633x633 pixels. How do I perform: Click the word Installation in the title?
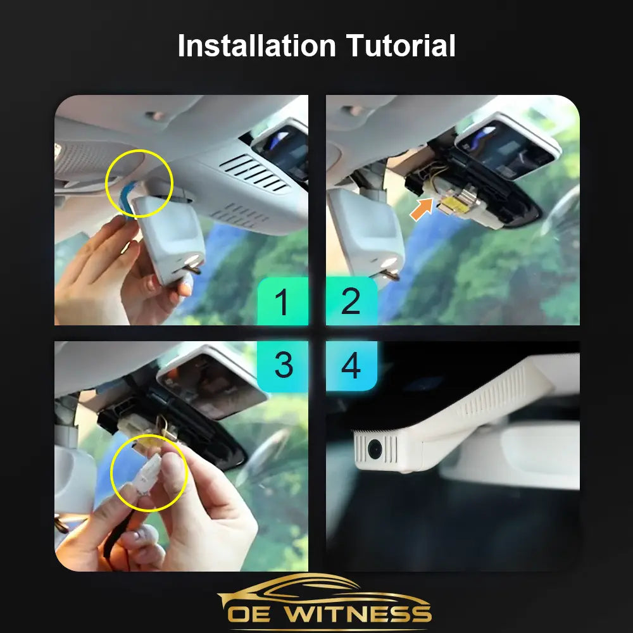[x=257, y=45]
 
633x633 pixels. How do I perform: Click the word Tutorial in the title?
[x=401, y=45]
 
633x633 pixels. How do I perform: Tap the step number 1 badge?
[x=282, y=301]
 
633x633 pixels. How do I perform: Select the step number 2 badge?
[x=351, y=301]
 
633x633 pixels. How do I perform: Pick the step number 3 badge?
[x=282, y=366]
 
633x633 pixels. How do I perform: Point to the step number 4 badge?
[x=351, y=366]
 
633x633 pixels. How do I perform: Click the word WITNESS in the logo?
[x=358, y=613]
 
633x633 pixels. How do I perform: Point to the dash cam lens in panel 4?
[x=375, y=449]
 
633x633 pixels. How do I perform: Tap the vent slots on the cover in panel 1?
[x=254, y=173]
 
